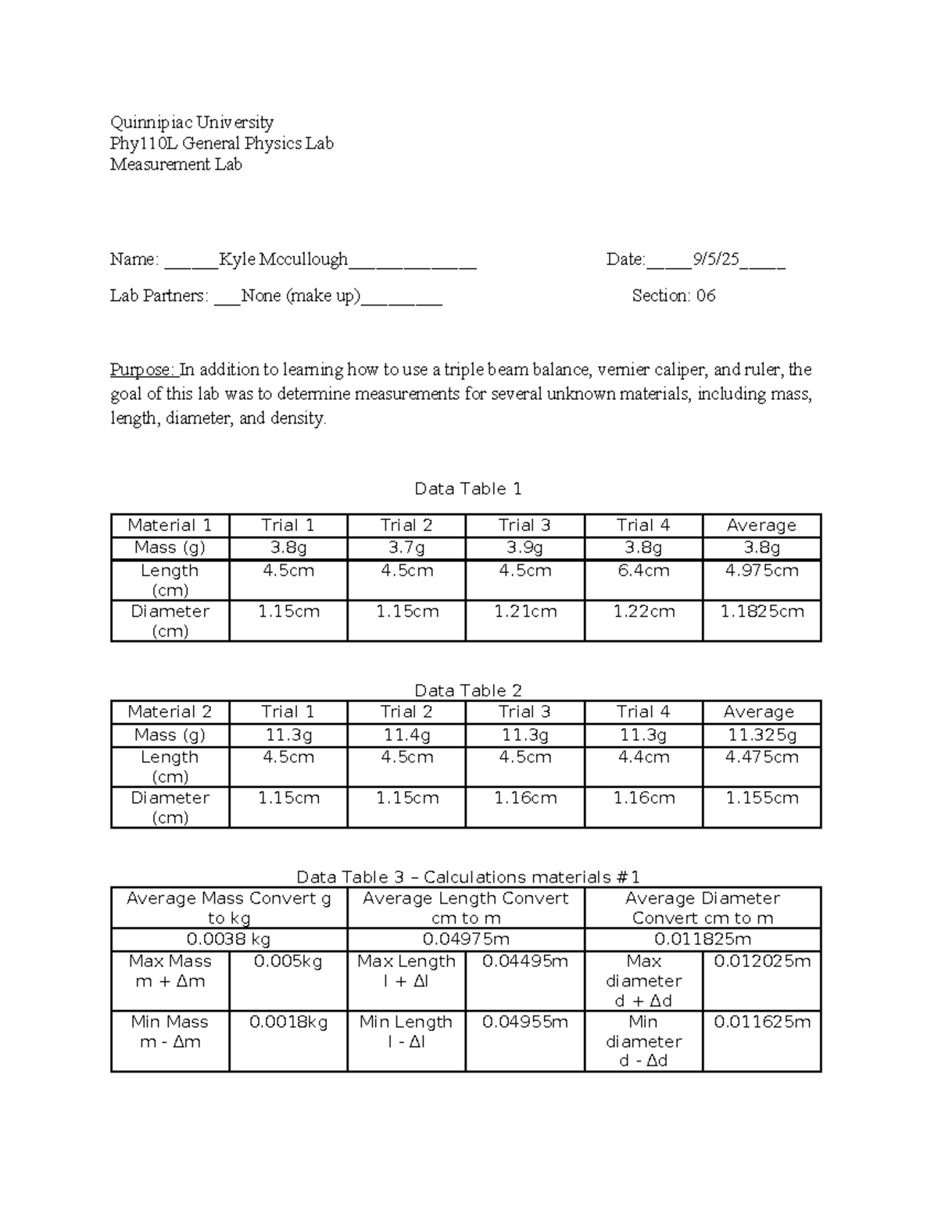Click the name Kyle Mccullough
pos(283,260)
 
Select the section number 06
pos(705,295)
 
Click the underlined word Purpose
pos(144,370)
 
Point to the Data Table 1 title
pos(467,489)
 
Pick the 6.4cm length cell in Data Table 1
pos(643,571)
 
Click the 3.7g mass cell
pos(406,548)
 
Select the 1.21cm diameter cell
pos(525,612)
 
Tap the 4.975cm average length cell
pos(761,571)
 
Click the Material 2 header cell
pos(170,712)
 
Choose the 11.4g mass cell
pos(406,736)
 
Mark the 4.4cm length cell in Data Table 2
pos(643,757)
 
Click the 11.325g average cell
pos(761,736)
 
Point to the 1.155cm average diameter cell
pos(761,798)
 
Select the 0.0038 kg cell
pos(230,939)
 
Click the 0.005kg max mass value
pos(288,962)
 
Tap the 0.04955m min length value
pos(525,1022)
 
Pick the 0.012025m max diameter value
pos(762,962)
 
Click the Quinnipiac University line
pos(192,122)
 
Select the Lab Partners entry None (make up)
pos(301,295)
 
